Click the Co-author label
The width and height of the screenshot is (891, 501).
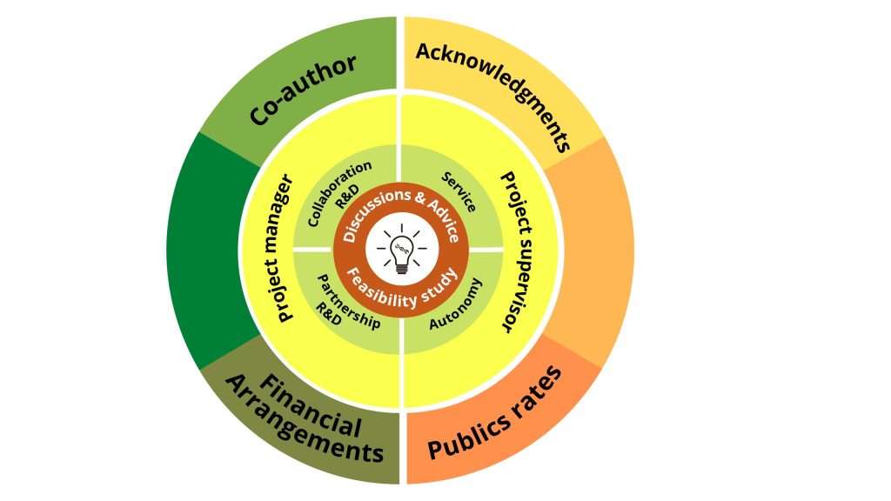303,90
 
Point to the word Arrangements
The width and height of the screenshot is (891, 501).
305,420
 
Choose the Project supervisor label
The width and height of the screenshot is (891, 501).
516,251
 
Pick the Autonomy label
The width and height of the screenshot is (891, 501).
456,304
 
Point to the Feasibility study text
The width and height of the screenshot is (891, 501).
402,289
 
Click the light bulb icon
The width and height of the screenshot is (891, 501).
402,250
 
